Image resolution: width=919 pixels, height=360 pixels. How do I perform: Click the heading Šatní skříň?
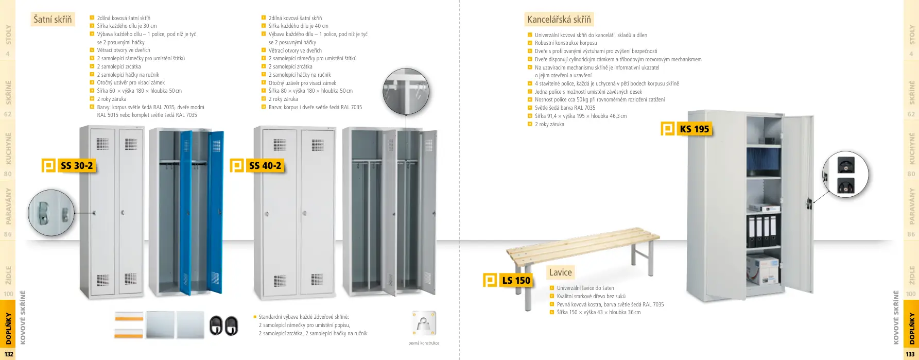pyautogui.click(x=53, y=20)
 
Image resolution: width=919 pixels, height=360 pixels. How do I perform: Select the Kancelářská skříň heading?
pyautogui.click(x=559, y=20)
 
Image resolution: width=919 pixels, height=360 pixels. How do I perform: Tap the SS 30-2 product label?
pyautogui.click(x=76, y=165)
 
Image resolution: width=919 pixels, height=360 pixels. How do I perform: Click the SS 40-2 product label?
pyautogui.click(x=265, y=165)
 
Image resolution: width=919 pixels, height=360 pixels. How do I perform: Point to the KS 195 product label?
pyautogui.click(x=694, y=129)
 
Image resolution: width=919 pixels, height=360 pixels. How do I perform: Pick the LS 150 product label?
pyautogui.click(x=515, y=280)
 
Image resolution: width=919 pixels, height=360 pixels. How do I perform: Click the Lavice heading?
pyautogui.click(x=560, y=272)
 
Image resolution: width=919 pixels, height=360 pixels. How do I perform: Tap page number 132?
pyautogui.click(x=9, y=354)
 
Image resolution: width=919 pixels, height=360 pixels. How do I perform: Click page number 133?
pyautogui.click(x=910, y=354)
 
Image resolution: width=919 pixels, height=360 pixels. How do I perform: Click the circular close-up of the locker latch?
pyautogui.click(x=51, y=213)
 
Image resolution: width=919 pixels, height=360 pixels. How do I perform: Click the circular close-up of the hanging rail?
pyautogui.click(x=406, y=91)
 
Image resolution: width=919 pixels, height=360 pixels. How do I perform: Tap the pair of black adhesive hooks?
pyautogui.click(x=223, y=325)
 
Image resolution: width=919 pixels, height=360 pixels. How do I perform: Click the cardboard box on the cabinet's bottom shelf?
pyautogui.click(x=762, y=269)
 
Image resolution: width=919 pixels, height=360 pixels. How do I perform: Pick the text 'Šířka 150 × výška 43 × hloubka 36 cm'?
pyautogui.click(x=598, y=312)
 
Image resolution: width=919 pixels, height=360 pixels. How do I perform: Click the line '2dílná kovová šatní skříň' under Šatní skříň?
pyautogui.click(x=124, y=18)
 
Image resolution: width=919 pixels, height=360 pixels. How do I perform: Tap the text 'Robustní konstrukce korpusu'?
pyautogui.click(x=566, y=43)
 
